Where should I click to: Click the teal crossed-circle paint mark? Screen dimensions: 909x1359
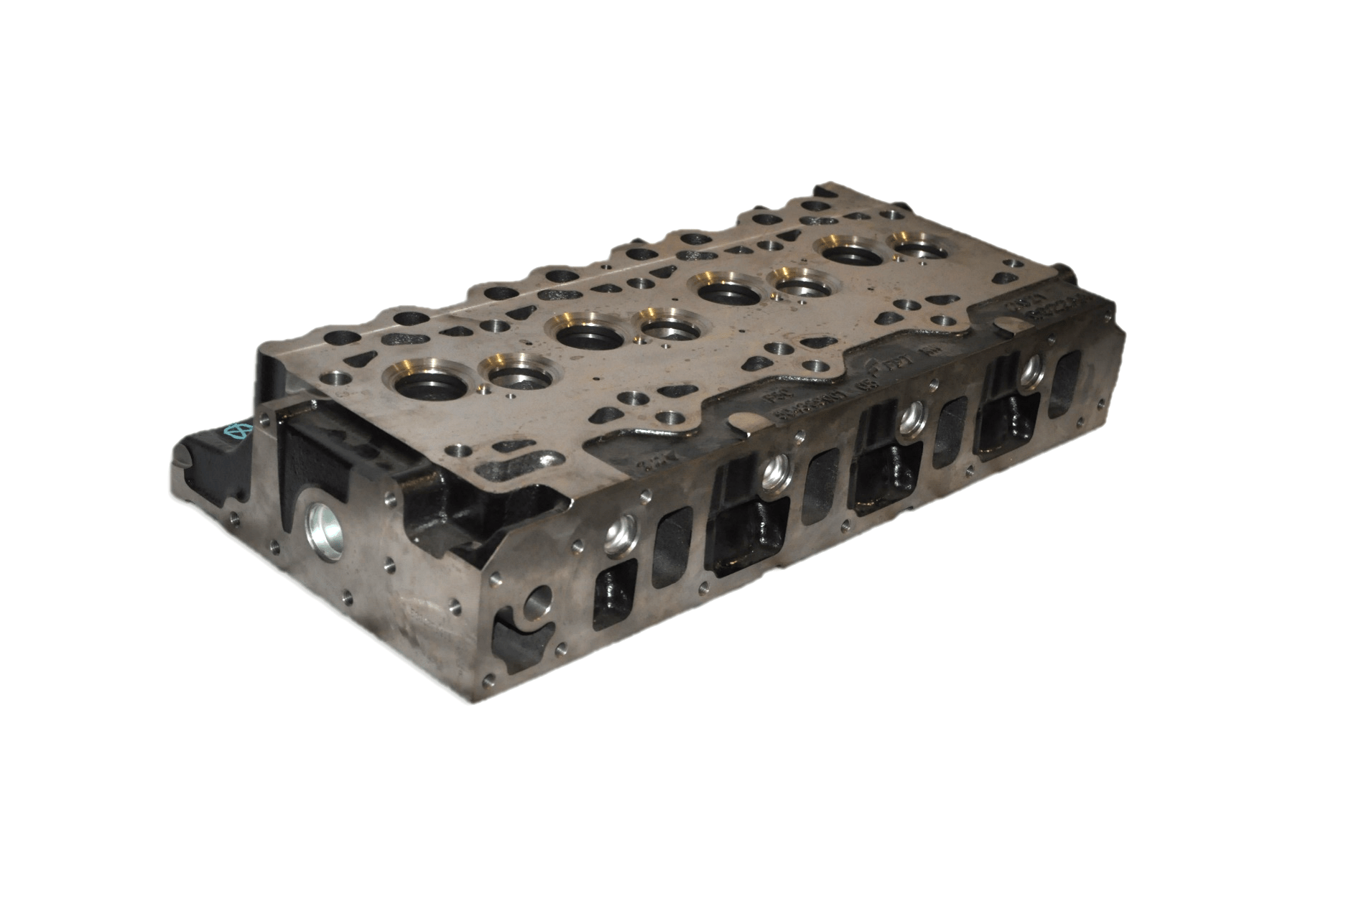(236, 430)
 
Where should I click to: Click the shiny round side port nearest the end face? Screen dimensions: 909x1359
(618, 534)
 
